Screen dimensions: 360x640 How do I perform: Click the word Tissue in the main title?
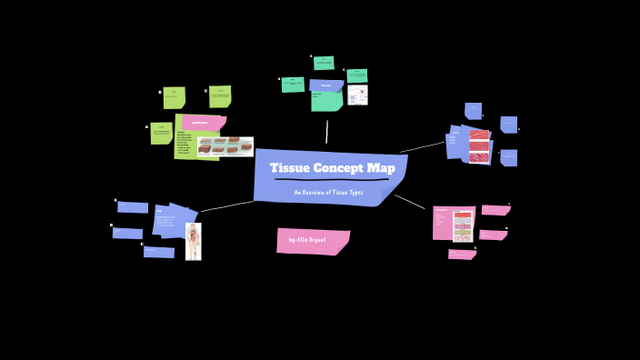pos(291,168)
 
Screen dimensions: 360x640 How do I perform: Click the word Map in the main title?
pos(381,168)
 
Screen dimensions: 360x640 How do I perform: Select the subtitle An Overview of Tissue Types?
pos(327,193)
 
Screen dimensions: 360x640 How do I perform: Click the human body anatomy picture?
pos(193,242)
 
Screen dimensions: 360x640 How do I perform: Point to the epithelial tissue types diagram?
pos(225,146)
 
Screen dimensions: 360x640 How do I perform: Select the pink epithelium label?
pos(202,122)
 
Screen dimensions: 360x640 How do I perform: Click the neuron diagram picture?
pos(357,95)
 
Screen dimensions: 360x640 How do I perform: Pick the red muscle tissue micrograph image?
pos(479,145)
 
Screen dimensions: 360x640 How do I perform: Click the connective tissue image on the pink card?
pos(463,225)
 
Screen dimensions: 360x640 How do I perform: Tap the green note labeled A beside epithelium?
pos(161,133)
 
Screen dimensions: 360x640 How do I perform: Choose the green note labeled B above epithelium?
pos(174,97)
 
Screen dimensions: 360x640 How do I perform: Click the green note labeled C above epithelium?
pos(220,96)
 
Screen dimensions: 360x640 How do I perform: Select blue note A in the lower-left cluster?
pos(133,207)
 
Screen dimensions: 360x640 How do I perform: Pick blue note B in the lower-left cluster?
pos(127,234)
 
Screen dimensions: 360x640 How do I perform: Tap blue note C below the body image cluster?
pos(159,252)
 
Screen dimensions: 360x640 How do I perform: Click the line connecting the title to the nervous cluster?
pos(327,132)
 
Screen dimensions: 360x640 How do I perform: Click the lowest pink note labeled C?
pos(462,255)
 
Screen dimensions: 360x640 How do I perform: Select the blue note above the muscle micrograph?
pos(473,111)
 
